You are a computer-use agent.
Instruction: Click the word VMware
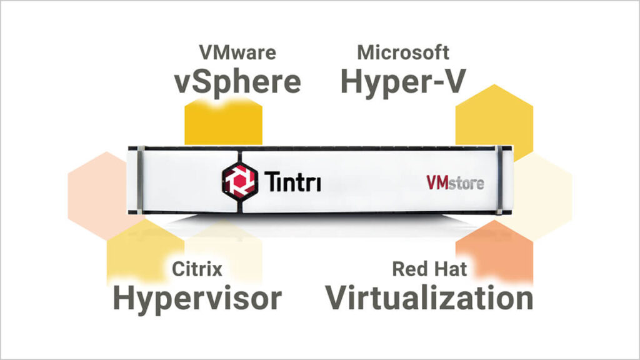click(x=237, y=52)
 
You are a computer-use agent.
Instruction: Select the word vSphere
click(x=237, y=82)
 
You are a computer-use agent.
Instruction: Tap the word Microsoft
click(x=403, y=52)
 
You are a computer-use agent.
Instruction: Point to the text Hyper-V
click(x=403, y=82)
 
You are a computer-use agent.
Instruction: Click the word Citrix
click(x=197, y=269)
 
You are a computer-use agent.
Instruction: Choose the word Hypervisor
click(x=197, y=299)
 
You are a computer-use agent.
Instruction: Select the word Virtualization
click(x=429, y=298)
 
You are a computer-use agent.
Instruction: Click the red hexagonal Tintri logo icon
click(x=240, y=181)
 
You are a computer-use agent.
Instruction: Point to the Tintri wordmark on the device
click(x=292, y=181)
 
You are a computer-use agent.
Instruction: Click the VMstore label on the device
click(x=456, y=183)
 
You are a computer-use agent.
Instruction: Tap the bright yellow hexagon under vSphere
click(x=223, y=122)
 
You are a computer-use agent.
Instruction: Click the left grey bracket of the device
click(x=140, y=180)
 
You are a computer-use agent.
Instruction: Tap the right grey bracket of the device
click(x=499, y=180)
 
